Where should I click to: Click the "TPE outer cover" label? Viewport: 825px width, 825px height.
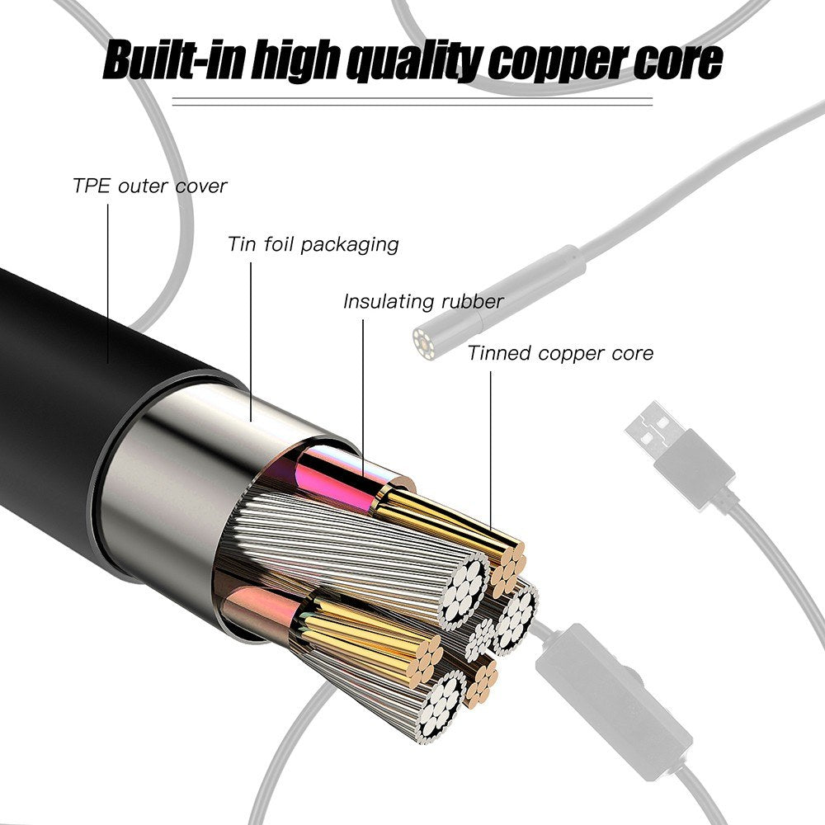(x=149, y=186)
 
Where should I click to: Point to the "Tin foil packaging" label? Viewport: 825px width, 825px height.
(x=313, y=244)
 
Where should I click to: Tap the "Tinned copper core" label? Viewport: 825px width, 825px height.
(x=560, y=353)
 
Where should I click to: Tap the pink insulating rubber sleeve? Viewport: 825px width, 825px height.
(x=338, y=478)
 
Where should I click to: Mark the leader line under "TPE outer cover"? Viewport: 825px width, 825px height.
(x=107, y=280)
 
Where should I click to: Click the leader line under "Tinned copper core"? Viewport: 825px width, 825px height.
(x=491, y=445)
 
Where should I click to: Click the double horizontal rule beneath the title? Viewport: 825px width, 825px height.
(x=412, y=102)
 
